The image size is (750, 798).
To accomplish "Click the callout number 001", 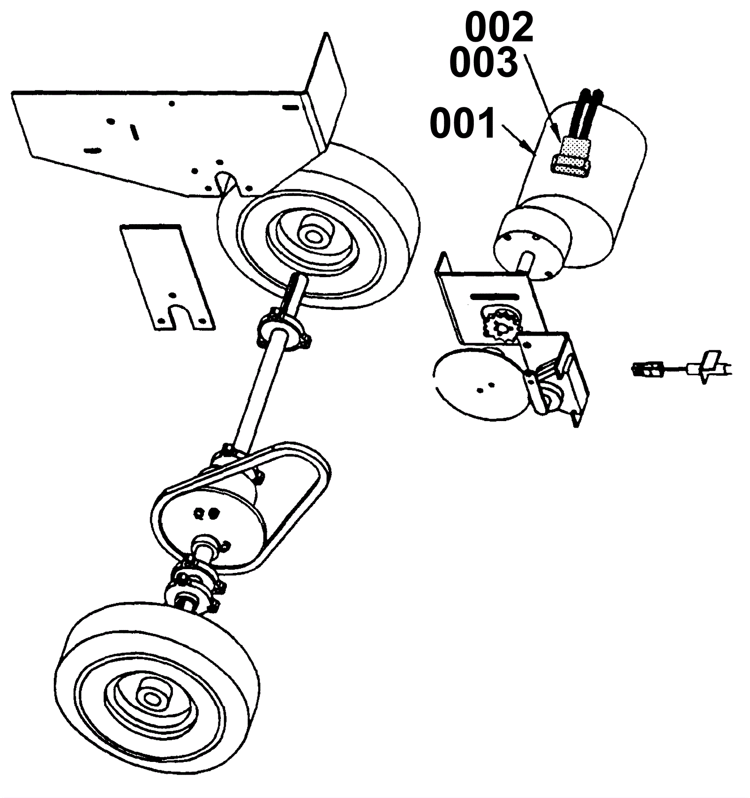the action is tap(463, 123).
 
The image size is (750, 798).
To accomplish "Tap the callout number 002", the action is tap(499, 28).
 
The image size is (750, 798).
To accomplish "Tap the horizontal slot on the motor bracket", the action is tap(495, 296).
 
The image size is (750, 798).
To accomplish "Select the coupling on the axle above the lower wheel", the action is tap(195, 584).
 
